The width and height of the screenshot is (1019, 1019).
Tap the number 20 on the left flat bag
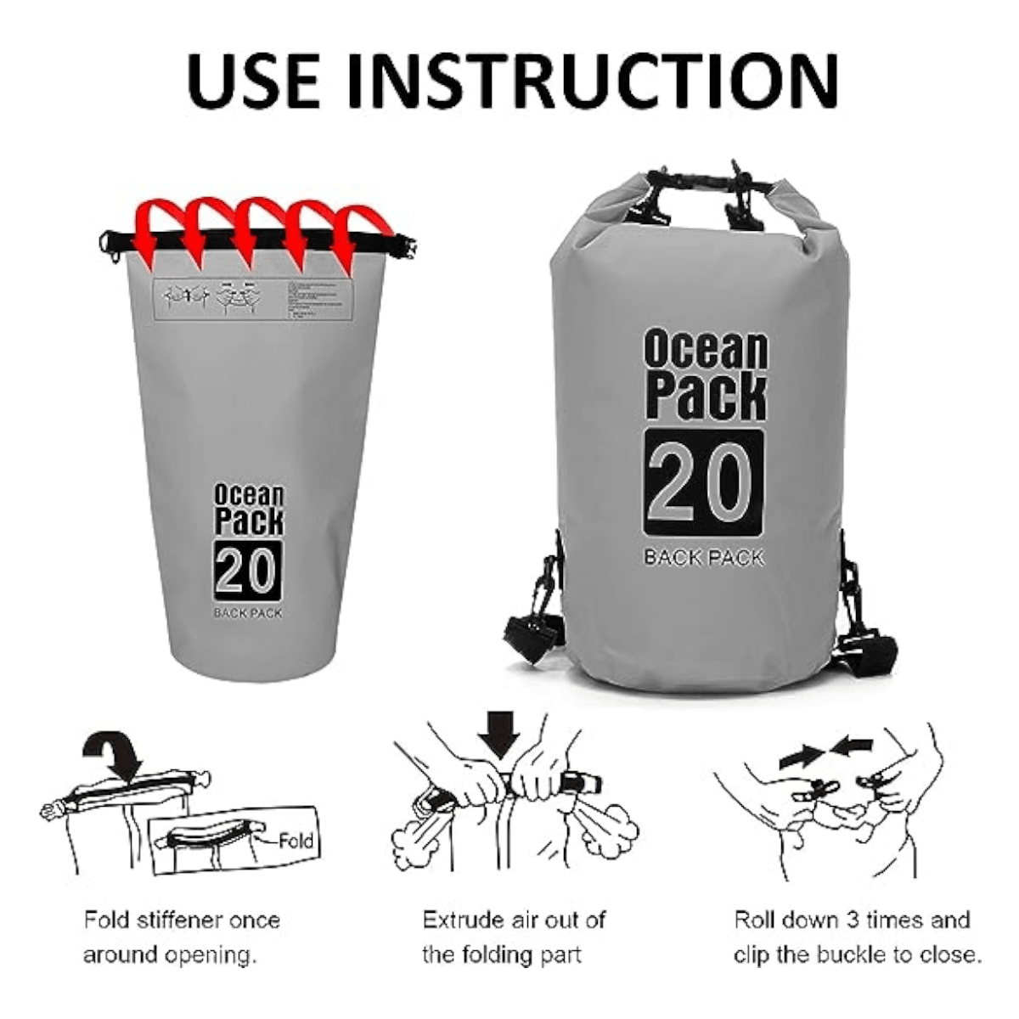247,569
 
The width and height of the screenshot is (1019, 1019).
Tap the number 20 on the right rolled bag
703,482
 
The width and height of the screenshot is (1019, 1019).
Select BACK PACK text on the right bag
703,558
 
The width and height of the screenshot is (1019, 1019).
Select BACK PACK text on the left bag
247,612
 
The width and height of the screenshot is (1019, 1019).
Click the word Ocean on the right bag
705,351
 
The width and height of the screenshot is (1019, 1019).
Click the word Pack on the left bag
249,521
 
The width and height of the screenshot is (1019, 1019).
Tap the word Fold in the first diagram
296,842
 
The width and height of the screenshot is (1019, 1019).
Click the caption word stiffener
180,920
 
